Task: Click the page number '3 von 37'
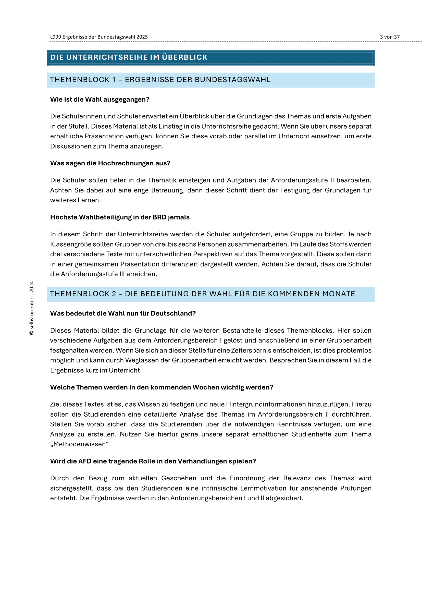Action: [x=390, y=37]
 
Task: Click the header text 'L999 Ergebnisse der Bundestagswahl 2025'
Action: [x=99, y=37]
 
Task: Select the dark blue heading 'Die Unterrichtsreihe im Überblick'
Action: [x=129, y=57]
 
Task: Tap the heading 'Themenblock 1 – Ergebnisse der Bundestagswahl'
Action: [x=160, y=80]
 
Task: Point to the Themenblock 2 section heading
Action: [x=202, y=294]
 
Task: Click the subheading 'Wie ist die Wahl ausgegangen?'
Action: [x=100, y=99]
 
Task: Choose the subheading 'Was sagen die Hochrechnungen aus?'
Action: [x=110, y=163]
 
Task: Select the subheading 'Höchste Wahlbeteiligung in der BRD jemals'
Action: [x=120, y=217]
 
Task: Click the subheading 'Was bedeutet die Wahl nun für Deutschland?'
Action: [x=123, y=313]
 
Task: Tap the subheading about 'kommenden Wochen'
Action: [x=162, y=387]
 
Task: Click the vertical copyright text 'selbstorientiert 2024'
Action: [x=32, y=308]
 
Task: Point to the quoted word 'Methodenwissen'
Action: [x=80, y=444]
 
